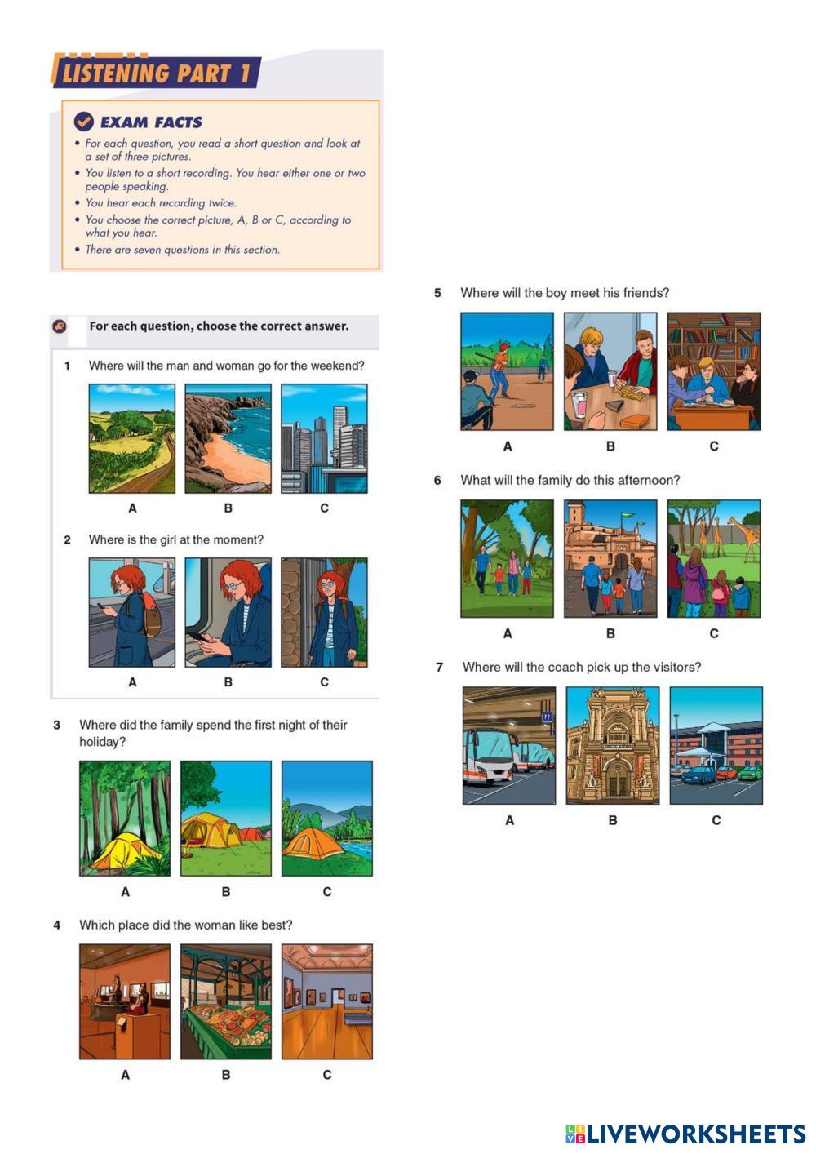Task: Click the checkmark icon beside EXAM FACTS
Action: [84, 122]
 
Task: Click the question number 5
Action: [437, 293]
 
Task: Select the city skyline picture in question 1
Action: [324, 438]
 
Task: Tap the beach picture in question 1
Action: [228, 438]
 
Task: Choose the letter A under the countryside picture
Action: [132, 508]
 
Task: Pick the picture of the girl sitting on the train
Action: [228, 612]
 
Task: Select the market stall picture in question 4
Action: [226, 1001]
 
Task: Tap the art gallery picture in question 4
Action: [327, 1001]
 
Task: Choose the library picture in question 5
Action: [714, 371]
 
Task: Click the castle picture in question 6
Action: [610, 558]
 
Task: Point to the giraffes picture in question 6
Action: [714, 558]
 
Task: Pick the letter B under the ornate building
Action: [613, 820]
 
